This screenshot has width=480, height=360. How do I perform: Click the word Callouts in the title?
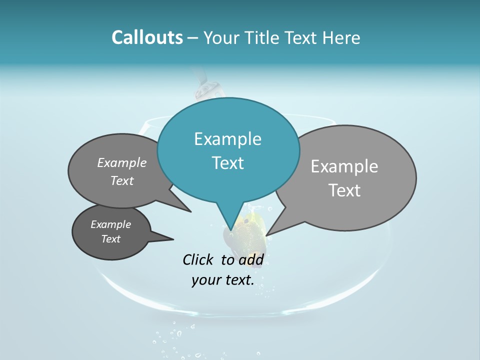pyautogui.click(x=147, y=37)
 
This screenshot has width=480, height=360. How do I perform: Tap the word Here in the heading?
pyautogui.click(x=341, y=37)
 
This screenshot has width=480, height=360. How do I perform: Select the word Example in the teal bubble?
pyautogui.click(x=227, y=139)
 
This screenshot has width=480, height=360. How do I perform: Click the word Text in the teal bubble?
pyautogui.click(x=227, y=163)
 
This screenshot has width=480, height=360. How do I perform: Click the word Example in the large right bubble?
pyautogui.click(x=344, y=166)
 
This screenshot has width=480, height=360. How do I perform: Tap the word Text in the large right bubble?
pyautogui.click(x=345, y=190)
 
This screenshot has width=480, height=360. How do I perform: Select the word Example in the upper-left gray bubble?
pyautogui.click(x=122, y=162)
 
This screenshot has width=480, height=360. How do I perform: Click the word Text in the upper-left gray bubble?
pyautogui.click(x=122, y=181)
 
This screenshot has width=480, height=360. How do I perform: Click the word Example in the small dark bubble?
pyautogui.click(x=110, y=224)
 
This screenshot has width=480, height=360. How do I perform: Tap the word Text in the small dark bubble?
pyautogui.click(x=111, y=239)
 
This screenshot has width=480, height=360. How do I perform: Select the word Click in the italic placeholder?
pyautogui.click(x=198, y=259)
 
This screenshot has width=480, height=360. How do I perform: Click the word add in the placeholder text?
pyautogui.click(x=251, y=259)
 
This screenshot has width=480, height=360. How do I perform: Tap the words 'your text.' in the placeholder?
pyautogui.click(x=223, y=280)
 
